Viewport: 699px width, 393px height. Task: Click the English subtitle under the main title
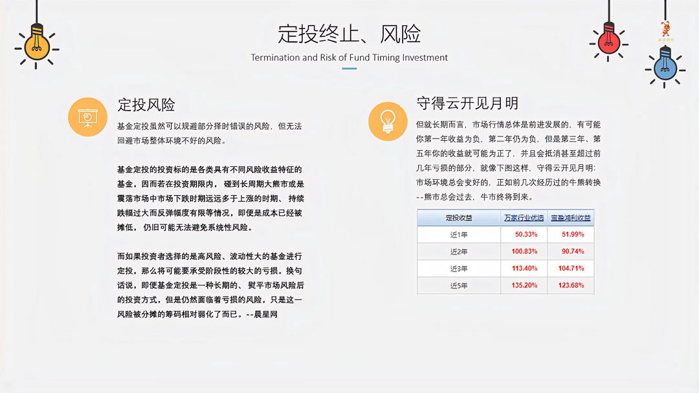click(x=349, y=58)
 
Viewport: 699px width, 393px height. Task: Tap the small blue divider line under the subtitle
click(x=349, y=68)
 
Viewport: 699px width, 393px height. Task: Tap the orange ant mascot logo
click(x=665, y=30)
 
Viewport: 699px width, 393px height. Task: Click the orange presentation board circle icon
click(x=87, y=117)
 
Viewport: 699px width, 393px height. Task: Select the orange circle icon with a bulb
click(x=388, y=121)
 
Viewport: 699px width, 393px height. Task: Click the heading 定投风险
click(x=146, y=105)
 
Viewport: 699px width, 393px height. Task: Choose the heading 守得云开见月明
click(x=467, y=103)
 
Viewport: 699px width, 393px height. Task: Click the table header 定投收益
click(x=459, y=218)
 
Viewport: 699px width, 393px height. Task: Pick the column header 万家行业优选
click(x=524, y=218)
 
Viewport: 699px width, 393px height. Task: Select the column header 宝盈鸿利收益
click(x=570, y=218)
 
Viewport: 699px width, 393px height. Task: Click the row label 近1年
click(x=459, y=234)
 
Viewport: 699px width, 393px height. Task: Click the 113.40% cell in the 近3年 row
click(x=524, y=268)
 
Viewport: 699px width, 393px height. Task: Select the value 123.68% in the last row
click(x=571, y=285)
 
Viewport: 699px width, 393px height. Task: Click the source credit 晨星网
click(x=265, y=314)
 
